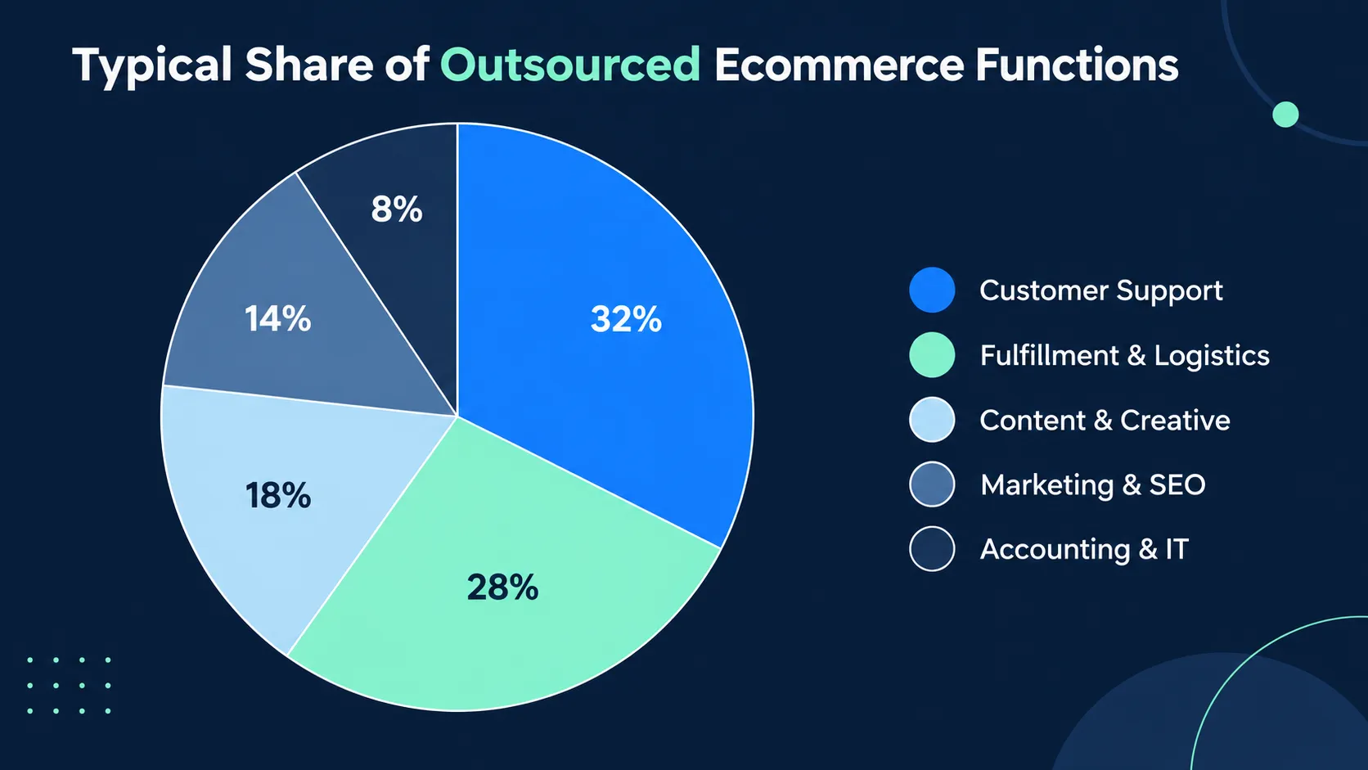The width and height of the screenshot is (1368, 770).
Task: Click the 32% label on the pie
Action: (626, 319)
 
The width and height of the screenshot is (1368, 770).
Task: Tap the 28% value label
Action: (502, 588)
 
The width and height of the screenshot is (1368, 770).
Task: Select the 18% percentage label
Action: (278, 495)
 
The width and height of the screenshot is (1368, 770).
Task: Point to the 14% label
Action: (278, 319)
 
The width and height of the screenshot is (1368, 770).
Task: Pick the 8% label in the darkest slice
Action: (397, 209)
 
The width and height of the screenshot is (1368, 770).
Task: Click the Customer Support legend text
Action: (1101, 290)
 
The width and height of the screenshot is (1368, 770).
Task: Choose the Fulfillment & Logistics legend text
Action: (1125, 355)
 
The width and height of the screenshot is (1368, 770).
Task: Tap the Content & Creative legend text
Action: (1105, 420)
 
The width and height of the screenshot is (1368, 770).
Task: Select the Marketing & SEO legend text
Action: (1093, 485)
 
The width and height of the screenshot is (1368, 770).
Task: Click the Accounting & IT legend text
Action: (1084, 549)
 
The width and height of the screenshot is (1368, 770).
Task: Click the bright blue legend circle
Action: (932, 290)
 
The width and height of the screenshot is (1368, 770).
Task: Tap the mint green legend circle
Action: (932, 355)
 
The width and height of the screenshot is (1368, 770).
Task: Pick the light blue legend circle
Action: (932, 420)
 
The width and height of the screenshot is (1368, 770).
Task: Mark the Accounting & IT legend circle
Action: (932, 549)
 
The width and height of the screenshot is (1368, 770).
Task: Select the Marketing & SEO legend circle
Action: (932, 484)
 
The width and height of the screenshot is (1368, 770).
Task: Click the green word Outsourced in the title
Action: (570, 64)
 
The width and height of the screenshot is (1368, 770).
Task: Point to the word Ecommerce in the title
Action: (839, 64)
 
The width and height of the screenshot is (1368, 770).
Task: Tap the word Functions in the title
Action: (1077, 64)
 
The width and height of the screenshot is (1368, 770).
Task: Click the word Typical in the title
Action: (152, 66)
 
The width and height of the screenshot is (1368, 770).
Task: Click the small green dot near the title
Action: (1285, 115)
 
